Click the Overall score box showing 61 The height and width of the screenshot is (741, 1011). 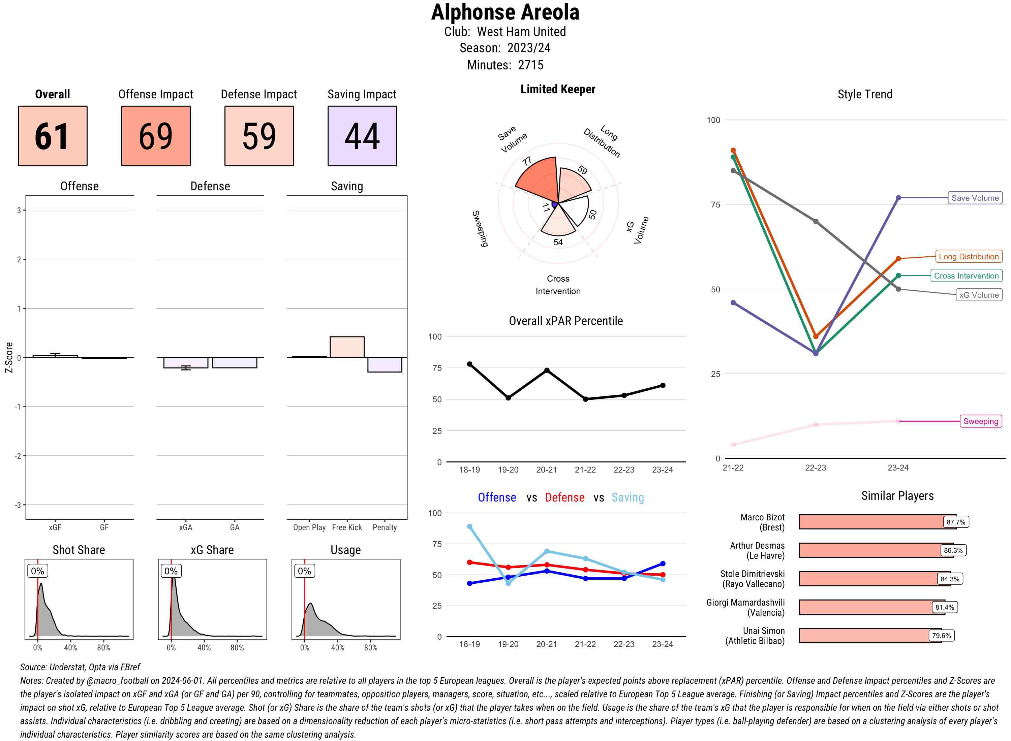tap(53, 136)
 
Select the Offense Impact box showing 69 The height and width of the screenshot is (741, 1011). tap(156, 136)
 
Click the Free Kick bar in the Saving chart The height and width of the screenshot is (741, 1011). tap(346, 347)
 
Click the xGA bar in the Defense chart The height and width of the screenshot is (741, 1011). tap(185, 362)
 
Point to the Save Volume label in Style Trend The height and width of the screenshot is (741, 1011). tap(974, 198)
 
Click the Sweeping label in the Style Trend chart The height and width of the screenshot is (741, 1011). tap(980, 421)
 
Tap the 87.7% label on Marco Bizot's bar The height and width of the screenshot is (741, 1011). tap(955, 522)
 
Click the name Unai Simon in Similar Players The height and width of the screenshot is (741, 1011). tap(763, 631)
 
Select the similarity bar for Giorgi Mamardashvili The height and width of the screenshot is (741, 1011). tap(870, 607)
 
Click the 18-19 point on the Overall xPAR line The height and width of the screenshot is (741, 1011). tap(469, 364)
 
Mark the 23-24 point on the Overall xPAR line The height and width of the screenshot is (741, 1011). tap(662, 385)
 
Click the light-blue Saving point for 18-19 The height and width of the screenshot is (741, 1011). tap(469, 526)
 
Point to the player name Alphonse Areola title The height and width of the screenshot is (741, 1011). tap(505, 12)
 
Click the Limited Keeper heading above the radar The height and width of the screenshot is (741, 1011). tap(557, 89)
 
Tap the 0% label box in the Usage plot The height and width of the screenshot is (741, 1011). tap(304, 571)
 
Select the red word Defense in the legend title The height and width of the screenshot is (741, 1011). tap(564, 497)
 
